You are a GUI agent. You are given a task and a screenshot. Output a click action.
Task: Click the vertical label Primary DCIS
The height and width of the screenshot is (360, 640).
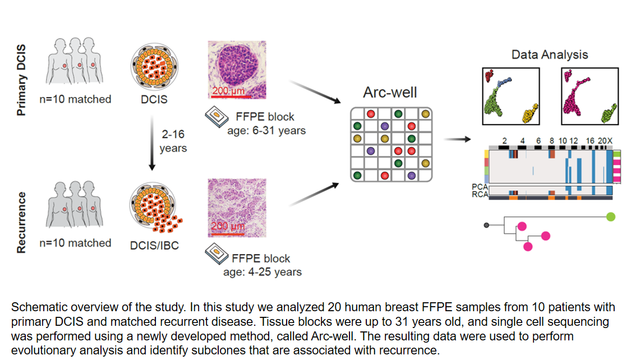pyautogui.click(x=21, y=80)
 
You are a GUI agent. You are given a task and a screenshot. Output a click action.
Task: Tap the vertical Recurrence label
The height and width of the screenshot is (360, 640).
pyautogui.click(x=21, y=223)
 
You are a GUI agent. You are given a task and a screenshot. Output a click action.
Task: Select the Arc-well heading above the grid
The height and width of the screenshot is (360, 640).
pyautogui.click(x=390, y=93)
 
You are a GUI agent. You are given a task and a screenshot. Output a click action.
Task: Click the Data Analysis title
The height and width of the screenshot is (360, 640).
pyautogui.click(x=549, y=55)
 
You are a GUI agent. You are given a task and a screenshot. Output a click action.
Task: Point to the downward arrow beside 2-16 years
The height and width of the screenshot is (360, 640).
pyautogui.click(x=152, y=143)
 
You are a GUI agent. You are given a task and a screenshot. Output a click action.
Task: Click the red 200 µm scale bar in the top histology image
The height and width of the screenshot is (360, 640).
pyautogui.click(x=231, y=97)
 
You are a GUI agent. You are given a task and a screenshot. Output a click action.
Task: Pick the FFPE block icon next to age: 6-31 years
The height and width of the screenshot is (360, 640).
pyautogui.click(x=217, y=117)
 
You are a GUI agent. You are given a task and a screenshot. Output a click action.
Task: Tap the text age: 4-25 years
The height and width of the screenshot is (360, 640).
pyautogui.click(x=263, y=272)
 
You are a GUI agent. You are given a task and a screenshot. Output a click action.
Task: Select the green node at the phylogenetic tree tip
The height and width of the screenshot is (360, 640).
pyautogui.click(x=611, y=217)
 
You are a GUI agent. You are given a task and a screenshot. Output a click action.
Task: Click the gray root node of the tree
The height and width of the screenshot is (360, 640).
pyautogui.click(x=486, y=225)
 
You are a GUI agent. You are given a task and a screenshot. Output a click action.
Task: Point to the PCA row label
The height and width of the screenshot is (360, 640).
pyautogui.click(x=480, y=187)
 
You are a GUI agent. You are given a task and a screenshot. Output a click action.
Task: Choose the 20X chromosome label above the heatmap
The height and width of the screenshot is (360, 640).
pyautogui.click(x=605, y=141)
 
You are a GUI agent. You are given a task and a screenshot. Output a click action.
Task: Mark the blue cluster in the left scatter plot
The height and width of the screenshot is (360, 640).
pyautogui.click(x=504, y=82)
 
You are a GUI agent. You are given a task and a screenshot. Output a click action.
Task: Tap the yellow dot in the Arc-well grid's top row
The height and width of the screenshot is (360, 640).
pyautogui.click(x=425, y=114)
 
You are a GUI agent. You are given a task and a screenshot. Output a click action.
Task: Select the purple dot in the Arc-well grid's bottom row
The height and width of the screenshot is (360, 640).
pyautogui.click(x=412, y=176)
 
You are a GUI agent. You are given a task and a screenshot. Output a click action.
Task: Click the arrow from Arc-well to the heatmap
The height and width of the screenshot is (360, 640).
pyautogui.click(x=457, y=140)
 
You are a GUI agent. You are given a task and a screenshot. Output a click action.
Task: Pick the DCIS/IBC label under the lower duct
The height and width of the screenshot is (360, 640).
pyautogui.click(x=154, y=245)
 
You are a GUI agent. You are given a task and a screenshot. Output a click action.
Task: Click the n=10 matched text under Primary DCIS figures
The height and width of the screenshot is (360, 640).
pyautogui.click(x=76, y=99)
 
